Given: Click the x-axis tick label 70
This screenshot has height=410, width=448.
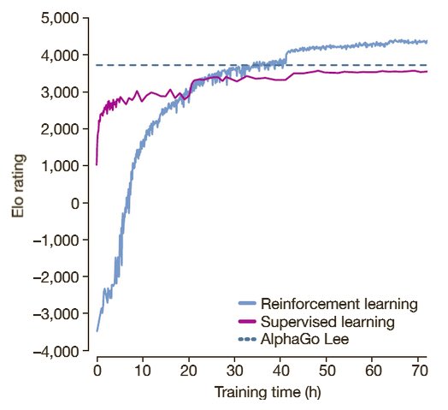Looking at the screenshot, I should [418, 372].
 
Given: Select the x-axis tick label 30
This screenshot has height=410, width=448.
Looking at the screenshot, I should [234, 372].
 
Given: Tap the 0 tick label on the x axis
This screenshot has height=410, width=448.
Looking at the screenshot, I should [97, 372].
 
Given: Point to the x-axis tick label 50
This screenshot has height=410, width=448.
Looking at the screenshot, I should [327, 372].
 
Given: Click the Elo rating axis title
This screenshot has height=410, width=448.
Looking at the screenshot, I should [18, 185].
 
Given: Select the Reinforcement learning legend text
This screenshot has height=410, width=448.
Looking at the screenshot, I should [339, 304].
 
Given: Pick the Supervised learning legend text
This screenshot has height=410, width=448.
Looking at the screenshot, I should [327, 322].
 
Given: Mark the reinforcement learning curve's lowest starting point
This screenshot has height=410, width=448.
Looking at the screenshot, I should [97, 330].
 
